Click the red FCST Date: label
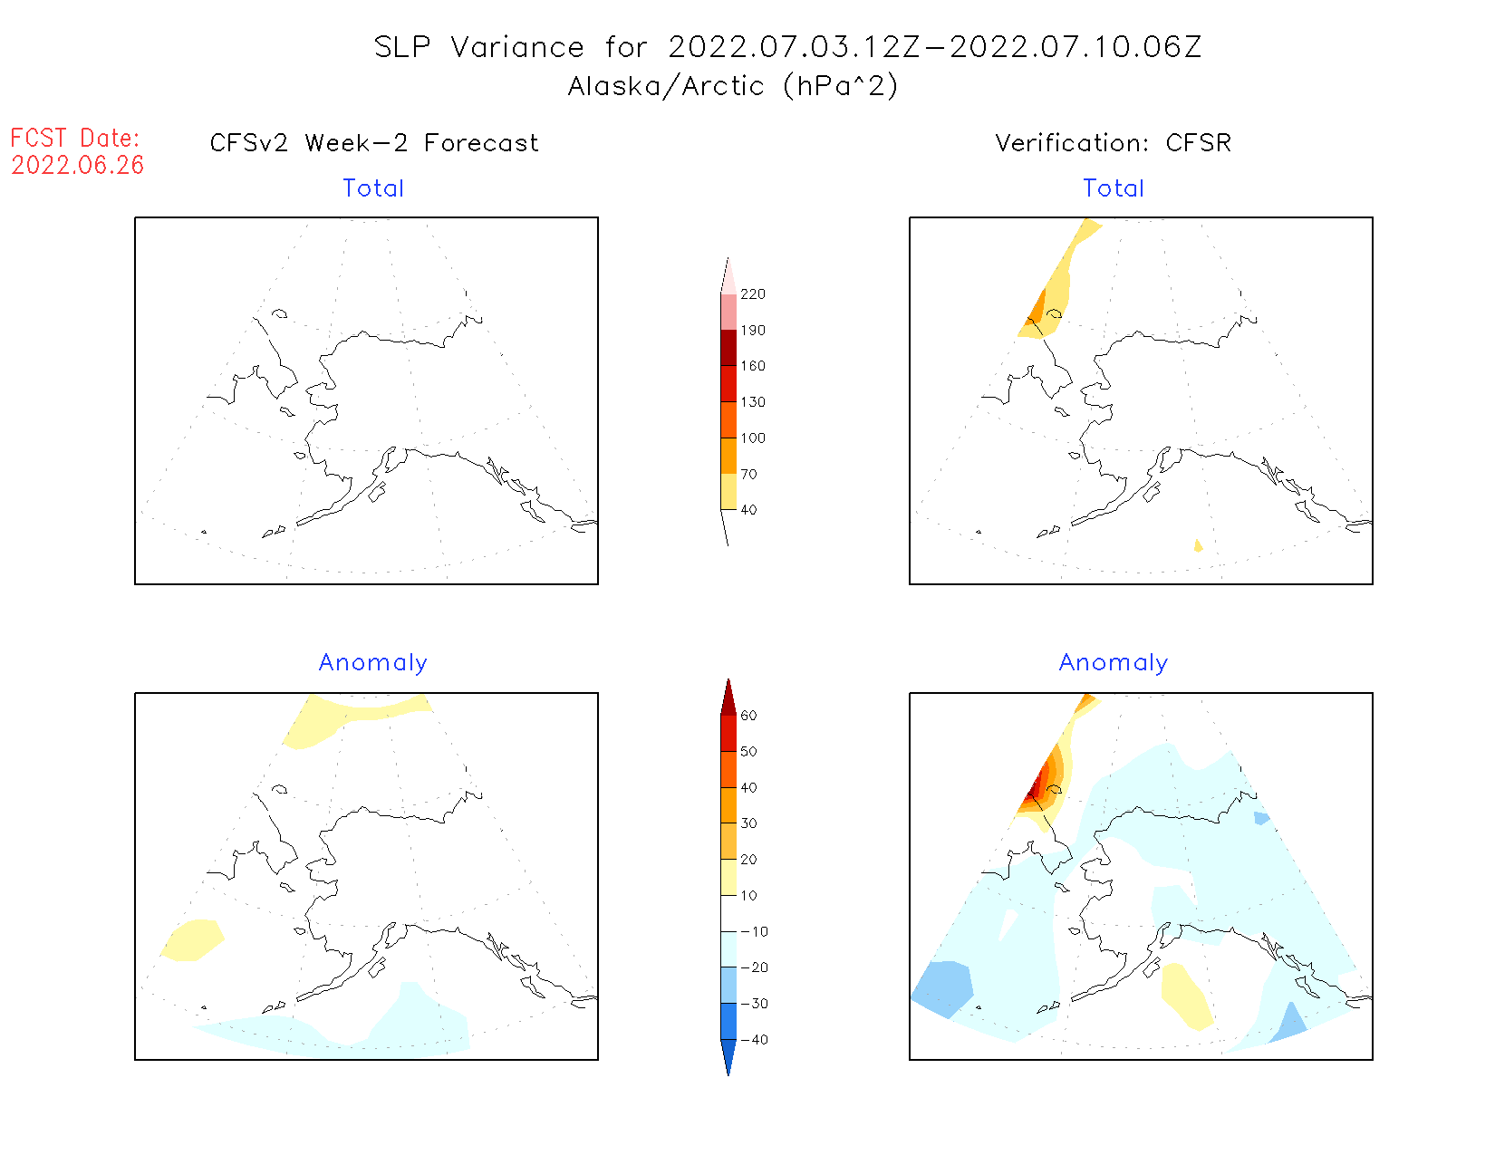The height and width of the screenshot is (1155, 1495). click(75, 139)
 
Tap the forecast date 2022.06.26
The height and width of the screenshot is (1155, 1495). click(78, 166)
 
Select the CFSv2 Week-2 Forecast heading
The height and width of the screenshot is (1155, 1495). click(374, 143)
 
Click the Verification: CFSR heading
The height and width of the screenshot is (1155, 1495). click(1114, 143)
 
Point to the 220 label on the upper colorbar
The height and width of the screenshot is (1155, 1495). click(752, 294)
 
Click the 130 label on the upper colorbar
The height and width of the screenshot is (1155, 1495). click(752, 402)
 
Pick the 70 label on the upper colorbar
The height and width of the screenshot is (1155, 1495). click(748, 474)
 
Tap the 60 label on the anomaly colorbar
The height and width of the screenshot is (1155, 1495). click(748, 716)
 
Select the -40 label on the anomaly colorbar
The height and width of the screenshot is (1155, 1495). click(754, 1040)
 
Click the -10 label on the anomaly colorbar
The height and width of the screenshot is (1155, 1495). click(754, 931)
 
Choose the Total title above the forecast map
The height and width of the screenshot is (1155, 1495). click(373, 188)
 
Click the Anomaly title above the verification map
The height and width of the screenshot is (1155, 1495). click(1114, 663)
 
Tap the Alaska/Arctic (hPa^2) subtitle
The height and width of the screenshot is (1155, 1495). click(733, 86)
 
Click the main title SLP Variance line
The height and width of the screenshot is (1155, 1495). click(787, 47)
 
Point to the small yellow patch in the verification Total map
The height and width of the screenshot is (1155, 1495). click(1198, 545)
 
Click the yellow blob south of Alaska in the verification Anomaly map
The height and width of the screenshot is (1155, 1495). click(1186, 995)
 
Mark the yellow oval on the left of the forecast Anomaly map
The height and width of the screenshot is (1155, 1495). click(193, 939)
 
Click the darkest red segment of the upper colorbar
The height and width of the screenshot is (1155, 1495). click(728, 348)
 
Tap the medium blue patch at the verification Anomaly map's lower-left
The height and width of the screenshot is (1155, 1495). click(944, 988)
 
